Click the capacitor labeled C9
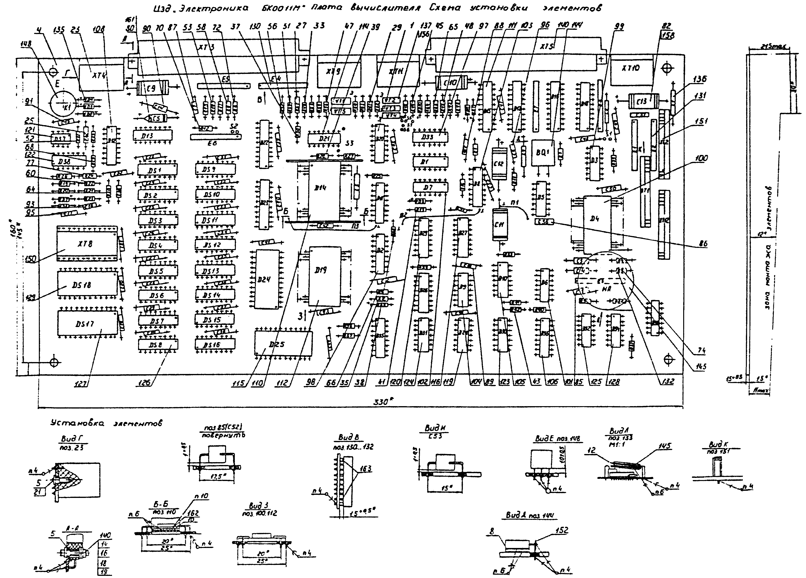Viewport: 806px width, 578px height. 152,88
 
